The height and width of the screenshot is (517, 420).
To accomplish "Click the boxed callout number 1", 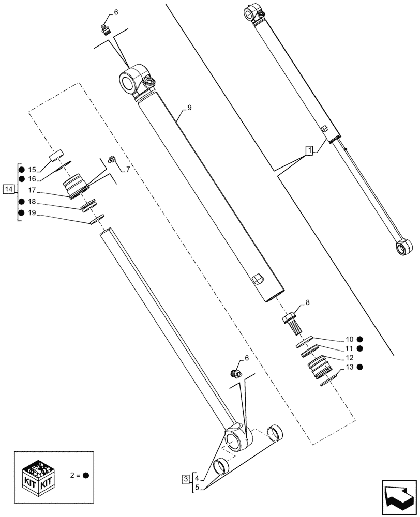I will click(309, 150).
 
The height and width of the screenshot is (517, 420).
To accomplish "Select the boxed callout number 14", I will click(8, 189).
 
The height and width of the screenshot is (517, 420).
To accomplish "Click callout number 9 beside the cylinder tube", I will click(189, 108).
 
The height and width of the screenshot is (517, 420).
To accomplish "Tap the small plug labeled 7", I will click(110, 160).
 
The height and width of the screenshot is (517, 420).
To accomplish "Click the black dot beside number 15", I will click(21, 170).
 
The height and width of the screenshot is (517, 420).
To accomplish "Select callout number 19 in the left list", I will click(32, 212).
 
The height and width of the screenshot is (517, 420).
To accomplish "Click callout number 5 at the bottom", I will click(197, 487).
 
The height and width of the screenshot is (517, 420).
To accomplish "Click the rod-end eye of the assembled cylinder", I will click(400, 249).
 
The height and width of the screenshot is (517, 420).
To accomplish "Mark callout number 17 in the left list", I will click(32, 190).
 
